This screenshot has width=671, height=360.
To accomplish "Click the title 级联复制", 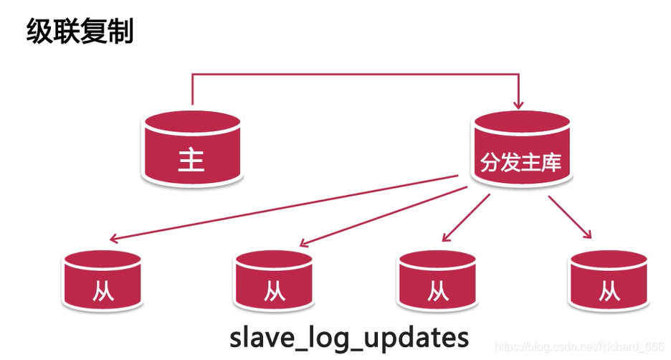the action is point(80,31).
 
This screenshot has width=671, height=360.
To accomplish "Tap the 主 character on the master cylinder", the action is point(191,160).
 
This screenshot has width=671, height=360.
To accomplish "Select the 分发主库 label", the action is point(520,162).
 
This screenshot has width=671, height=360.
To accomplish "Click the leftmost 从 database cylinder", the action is point(103,280).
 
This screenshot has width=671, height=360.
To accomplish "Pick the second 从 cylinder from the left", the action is point(274,280).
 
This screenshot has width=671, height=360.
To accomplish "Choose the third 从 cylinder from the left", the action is point(437,280).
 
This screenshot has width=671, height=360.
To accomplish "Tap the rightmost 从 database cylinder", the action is point(609,280).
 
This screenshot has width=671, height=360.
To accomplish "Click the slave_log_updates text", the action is point(349,338).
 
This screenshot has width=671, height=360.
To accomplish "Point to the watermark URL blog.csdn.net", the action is point(579,346).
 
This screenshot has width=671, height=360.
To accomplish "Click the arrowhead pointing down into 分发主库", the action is point(518,105).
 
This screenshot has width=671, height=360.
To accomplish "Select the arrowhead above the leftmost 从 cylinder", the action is point(114,238).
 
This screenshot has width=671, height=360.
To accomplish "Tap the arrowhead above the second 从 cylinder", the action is point(304,242).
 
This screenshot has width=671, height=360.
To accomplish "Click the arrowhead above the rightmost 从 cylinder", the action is point(587,234).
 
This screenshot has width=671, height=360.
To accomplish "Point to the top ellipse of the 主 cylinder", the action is point(192,122).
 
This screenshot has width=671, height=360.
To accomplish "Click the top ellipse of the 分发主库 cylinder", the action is point(521,122).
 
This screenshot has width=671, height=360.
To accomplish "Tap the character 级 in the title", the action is point(39,31).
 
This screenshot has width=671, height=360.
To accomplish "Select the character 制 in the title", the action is point(120,31).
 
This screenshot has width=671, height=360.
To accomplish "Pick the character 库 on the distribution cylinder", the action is point(551,162).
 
